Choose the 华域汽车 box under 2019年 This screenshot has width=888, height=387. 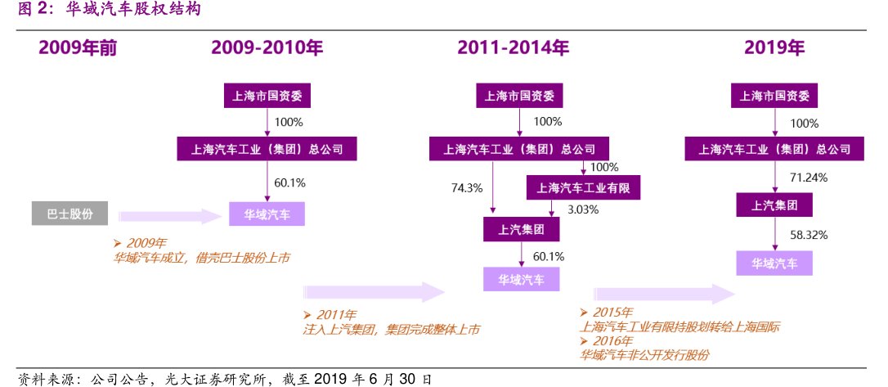click(x=774, y=263)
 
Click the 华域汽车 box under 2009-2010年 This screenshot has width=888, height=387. click(x=267, y=214)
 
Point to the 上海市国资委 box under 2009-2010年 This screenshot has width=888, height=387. click(x=267, y=96)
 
